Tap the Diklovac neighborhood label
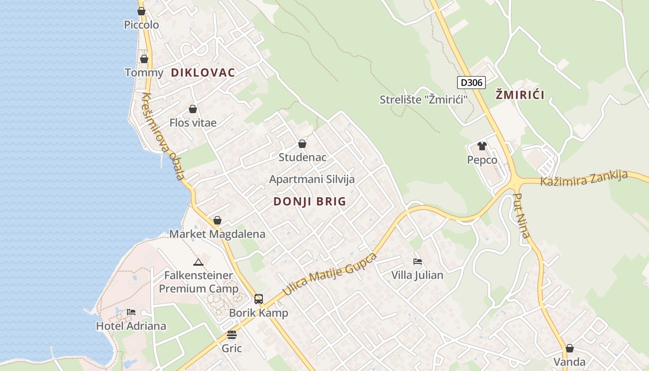point(203,72)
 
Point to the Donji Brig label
point(310,201)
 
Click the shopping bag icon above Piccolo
point(141,11)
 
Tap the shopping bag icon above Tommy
point(144,59)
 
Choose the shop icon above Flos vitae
point(193,109)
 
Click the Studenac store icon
point(302,144)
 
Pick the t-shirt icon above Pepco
point(482,146)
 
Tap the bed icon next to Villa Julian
point(418,262)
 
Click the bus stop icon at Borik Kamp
point(259,299)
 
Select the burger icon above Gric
point(232,335)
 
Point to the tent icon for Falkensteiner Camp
point(198,262)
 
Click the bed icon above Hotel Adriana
point(131,312)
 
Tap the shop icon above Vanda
point(570,348)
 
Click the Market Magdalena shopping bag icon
point(217,220)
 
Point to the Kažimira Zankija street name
point(584,178)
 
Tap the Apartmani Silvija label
point(312,179)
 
